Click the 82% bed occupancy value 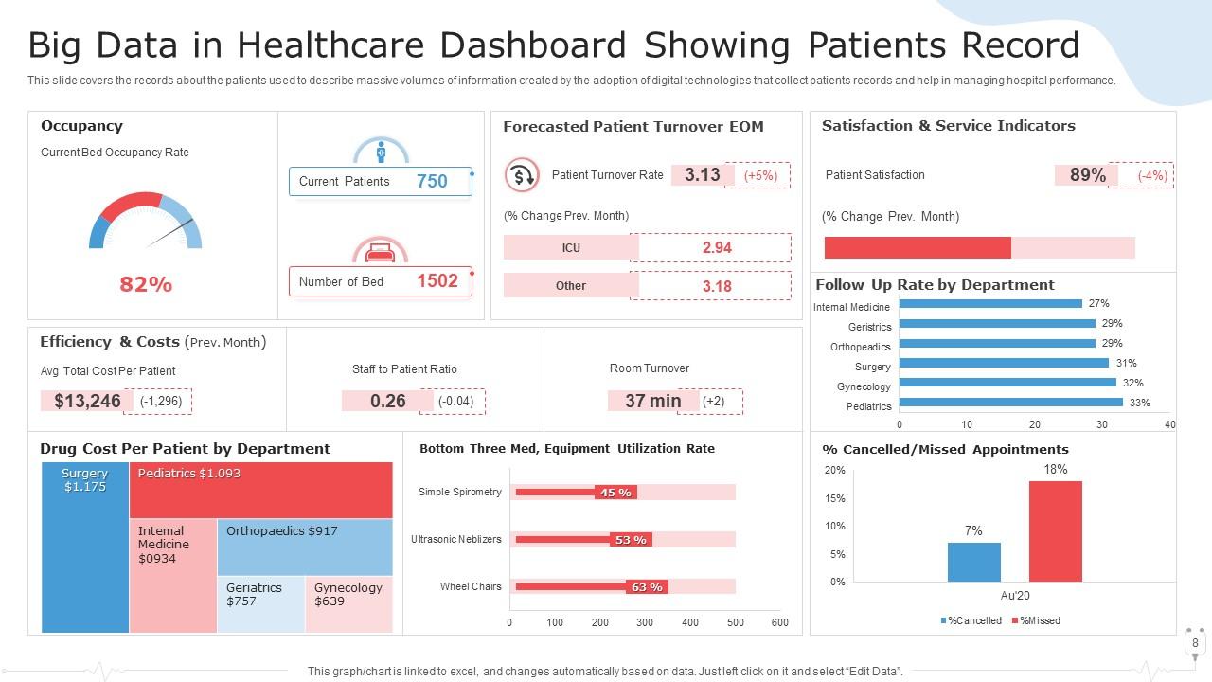click(146, 284)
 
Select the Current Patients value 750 click(432, 181)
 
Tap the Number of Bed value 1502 click(437, 280)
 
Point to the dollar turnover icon click(521, 175)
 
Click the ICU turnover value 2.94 click(717, 247)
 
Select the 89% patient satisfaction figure click(1087, 175)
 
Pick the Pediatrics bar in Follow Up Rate click(1010, 403)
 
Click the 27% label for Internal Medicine click(1098, 304)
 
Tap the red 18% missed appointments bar click(1055, 531)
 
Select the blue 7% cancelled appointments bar click(973, 562)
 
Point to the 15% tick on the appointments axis click(834, 498)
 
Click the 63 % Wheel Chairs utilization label click(647, 587)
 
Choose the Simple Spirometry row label click(459, 492)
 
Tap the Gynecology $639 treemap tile click(348, 603)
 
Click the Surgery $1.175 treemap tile click(85, 547)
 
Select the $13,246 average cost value click(87, 401)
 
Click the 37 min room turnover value click(652, 401)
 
